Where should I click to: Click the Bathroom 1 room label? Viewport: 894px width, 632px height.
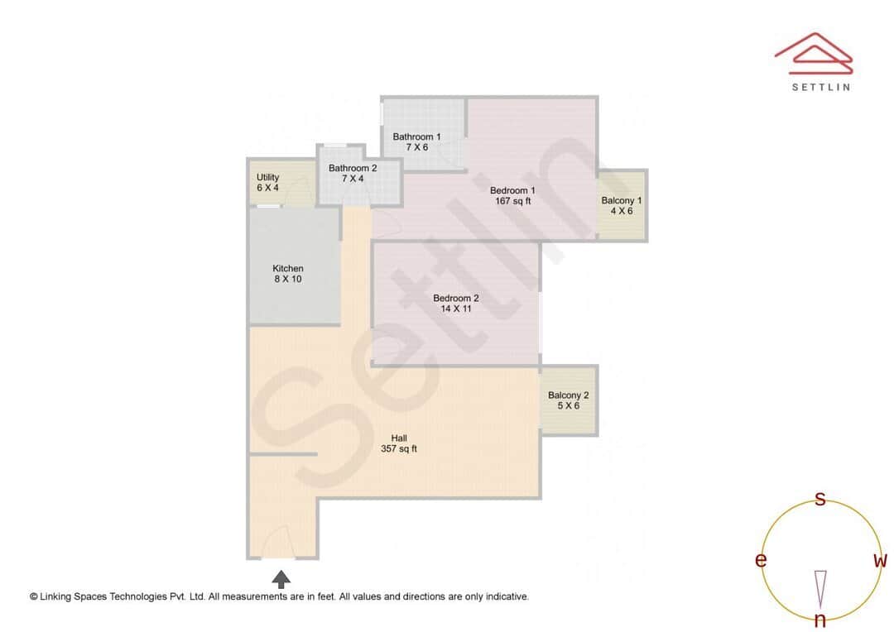(x=416, y=136)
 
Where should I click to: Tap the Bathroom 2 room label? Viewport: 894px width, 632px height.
(x=353, y=168)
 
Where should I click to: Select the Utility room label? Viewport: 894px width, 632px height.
(x=267, y=177)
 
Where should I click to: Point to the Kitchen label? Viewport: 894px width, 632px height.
(x=288, y=268)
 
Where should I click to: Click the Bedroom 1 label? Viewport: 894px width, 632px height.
(x=512, y=190)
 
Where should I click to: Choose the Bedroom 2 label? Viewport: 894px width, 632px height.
(x=456, y=298)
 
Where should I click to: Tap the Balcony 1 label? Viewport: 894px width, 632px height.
(x=622, y=201)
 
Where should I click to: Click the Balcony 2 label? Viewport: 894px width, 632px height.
(x=569, y=395)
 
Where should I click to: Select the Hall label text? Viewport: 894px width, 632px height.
(x=399, y=438)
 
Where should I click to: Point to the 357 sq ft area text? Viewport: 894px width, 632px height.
(x=398, y=449)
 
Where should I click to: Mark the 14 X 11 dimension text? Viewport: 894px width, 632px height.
(x=456, y=309)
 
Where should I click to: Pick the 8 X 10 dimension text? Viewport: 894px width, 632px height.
(x=288, y=279)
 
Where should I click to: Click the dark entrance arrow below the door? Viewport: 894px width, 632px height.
(x=281, y=578)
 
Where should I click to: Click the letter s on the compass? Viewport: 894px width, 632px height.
(x=820, y=499)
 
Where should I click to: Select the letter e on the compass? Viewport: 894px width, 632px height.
(x=760, y=561)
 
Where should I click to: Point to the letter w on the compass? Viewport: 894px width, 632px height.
(x=880, y=561)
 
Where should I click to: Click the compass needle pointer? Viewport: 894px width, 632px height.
(x=820, y=587)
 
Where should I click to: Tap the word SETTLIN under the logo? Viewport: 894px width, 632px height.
(x=820, y=87)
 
